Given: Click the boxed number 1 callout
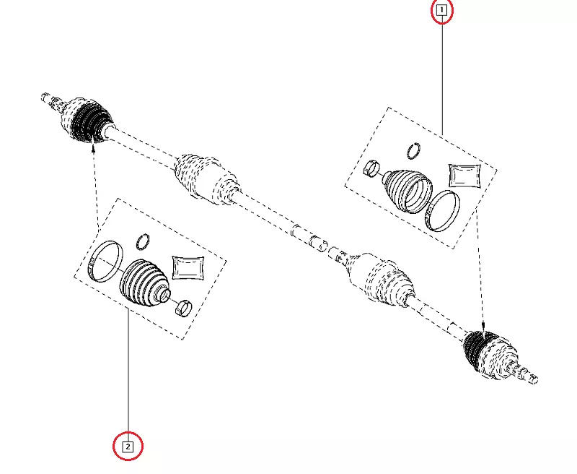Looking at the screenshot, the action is point(441,10).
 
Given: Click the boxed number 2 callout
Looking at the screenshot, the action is point(128,447).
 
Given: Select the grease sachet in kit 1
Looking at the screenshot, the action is point(465,176).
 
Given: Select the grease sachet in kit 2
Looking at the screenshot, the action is point(188,267).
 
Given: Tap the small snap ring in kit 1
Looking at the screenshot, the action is point(414,151).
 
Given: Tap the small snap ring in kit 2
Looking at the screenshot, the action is point(143,242).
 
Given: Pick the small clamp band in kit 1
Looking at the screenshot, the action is point(371,168).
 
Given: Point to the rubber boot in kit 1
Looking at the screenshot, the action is point(407,191).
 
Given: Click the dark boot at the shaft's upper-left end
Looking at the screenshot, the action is point(87,121).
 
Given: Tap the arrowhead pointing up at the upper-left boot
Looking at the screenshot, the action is point(94,147).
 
